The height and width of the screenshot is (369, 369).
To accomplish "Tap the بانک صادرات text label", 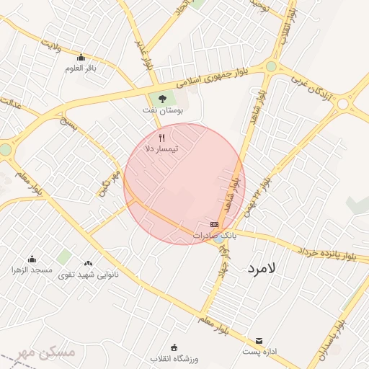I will click(215, 236).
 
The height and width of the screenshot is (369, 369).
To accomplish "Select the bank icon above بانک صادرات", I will click(214, 225).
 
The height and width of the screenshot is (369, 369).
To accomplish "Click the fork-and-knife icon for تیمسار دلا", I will click(162, 138).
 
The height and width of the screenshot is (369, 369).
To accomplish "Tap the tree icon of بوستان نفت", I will click(161, 99).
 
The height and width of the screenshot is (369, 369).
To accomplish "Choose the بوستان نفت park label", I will click(162, 111).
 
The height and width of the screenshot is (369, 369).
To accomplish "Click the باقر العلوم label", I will click(81, 68).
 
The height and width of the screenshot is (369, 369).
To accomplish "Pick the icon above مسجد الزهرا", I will click(32, 259).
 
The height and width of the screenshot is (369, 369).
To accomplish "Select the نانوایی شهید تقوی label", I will click(89, 274).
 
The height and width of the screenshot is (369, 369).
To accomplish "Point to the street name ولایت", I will click(50, 48).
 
